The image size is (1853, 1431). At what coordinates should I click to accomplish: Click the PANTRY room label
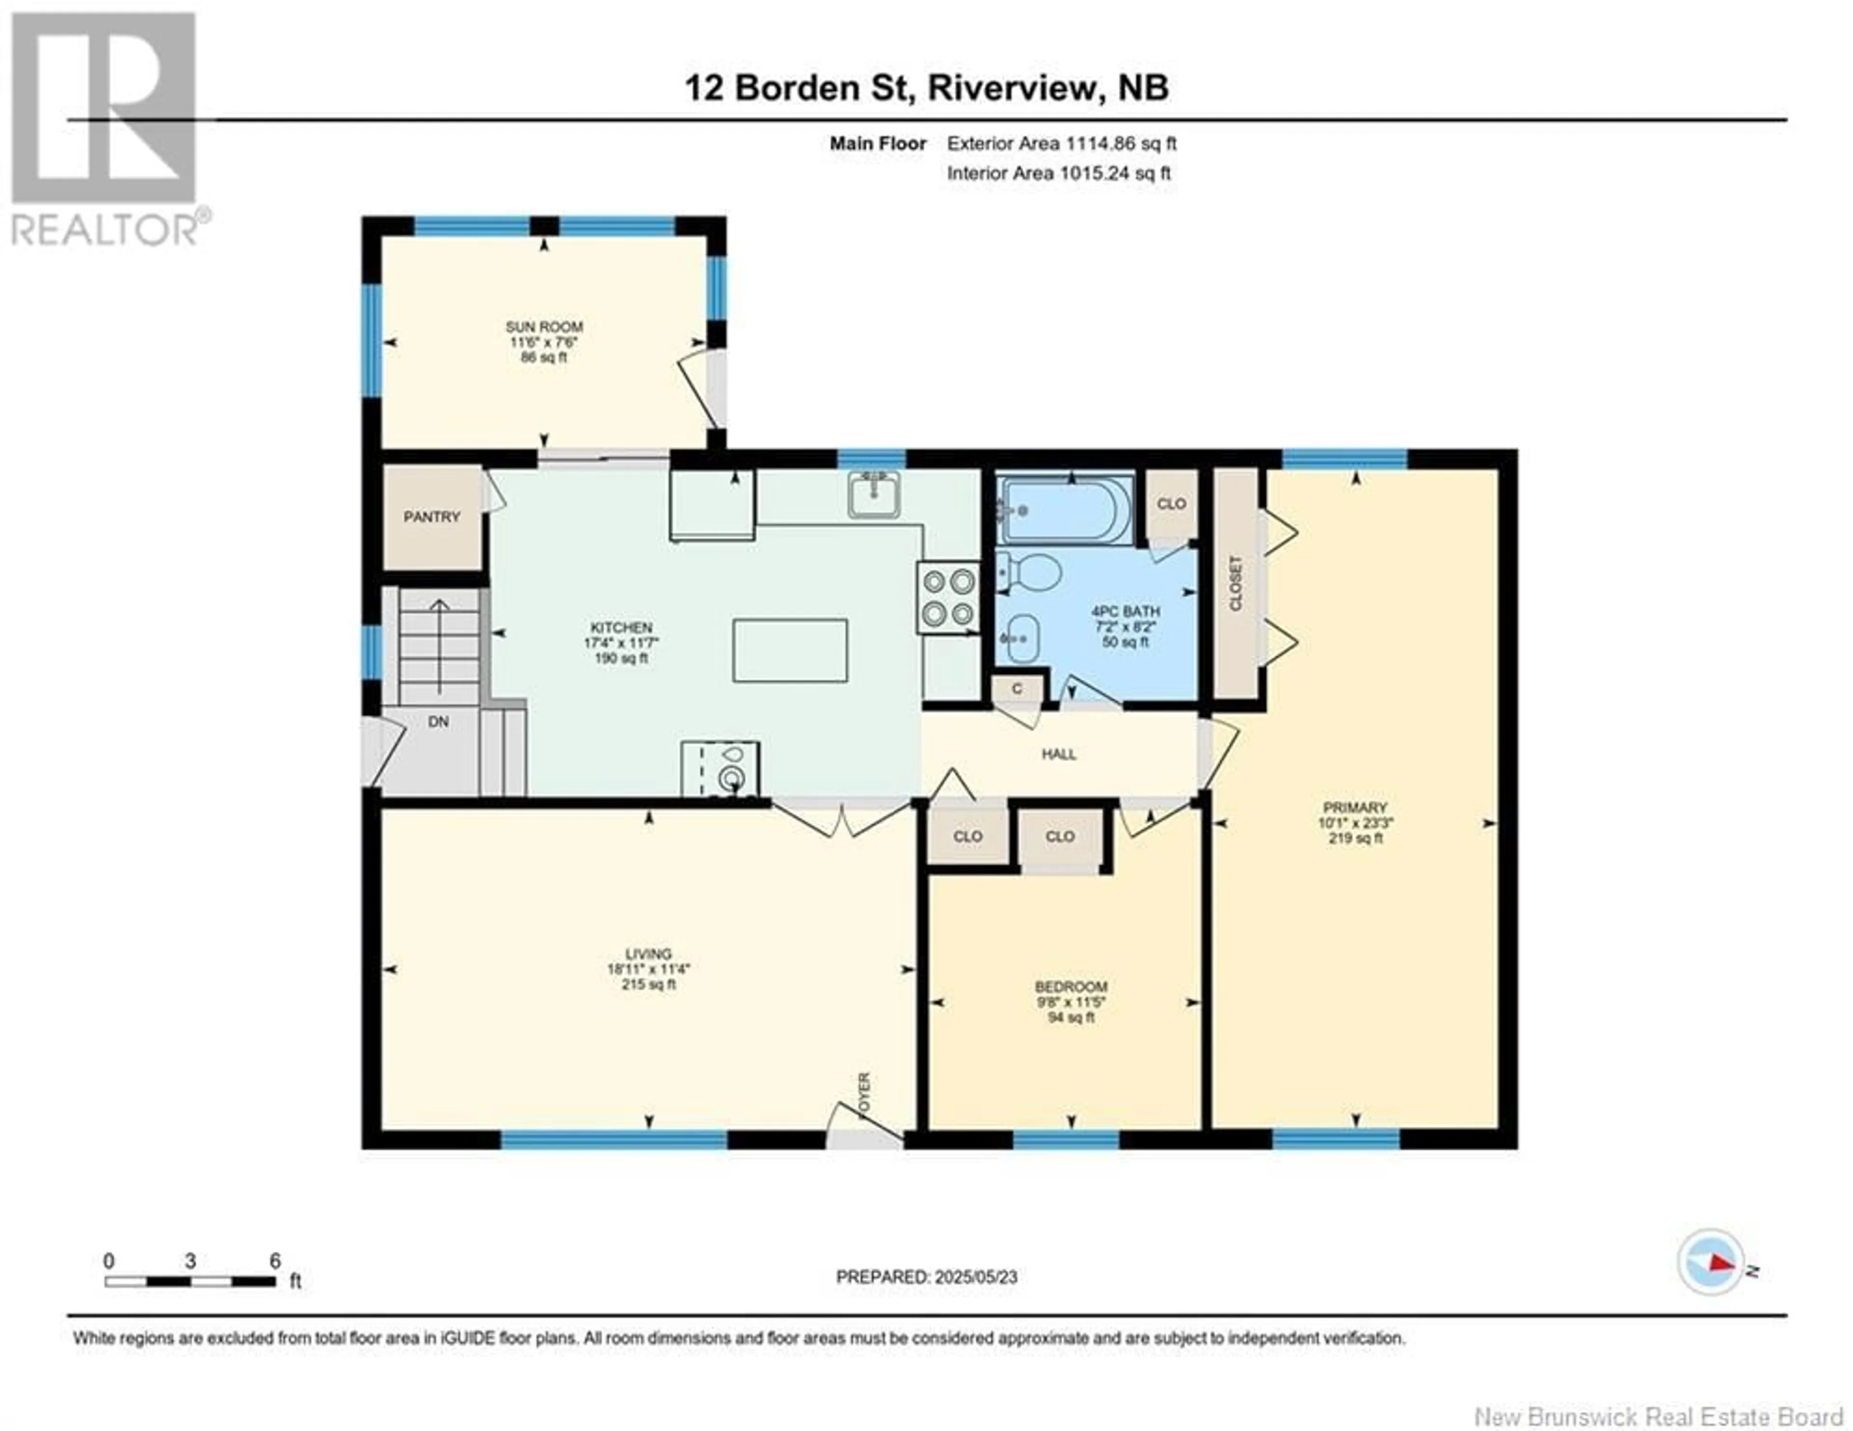click(x=432, y=517)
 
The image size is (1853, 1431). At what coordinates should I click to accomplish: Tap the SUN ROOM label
click(x=544, y=327)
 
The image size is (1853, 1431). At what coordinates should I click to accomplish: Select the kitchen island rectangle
click(x=790, y=650)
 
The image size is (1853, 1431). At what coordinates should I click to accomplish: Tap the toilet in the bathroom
click(x=1028, y=574)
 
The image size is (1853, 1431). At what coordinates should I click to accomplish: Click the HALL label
click(x=1059, y=754)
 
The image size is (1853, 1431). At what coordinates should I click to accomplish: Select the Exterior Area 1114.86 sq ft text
click(x=1062, y=143)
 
